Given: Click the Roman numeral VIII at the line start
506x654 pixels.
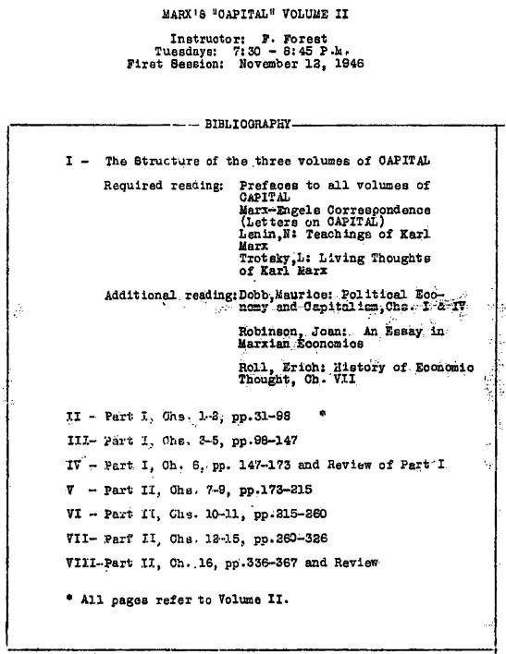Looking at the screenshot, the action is coord(81,562).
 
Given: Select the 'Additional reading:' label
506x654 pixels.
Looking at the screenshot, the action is coord(170,296).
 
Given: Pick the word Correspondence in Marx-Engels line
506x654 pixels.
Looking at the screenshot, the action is coord(370,210).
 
